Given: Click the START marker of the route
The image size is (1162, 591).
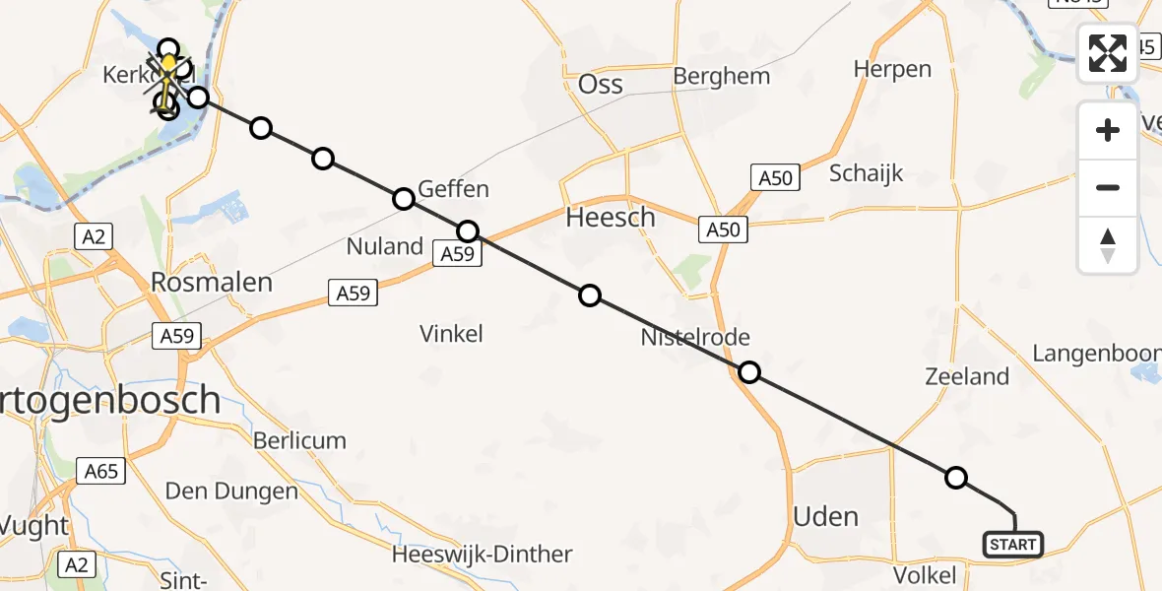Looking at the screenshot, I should tap(1012, 544).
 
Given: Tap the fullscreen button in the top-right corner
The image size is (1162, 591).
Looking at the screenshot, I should tap(1108, 53).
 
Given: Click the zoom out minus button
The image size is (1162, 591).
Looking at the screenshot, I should tap(1108, 187).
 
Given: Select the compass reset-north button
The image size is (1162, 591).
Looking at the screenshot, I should tap(1108, 245).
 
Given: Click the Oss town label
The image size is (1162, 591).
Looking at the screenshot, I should tap(601, 84).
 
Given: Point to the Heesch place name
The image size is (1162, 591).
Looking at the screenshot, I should tap(611, 218).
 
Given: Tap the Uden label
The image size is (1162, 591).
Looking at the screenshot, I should tap(825, 516).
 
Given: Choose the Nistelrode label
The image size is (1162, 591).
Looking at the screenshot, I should tap(695, 338).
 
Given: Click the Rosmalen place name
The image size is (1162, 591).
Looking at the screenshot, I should tap(211, 284).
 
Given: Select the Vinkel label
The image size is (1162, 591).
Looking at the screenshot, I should tap(451, 334).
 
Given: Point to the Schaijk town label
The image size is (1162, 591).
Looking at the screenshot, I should tap(867, 174).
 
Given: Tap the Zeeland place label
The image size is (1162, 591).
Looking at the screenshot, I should tap(967, 376).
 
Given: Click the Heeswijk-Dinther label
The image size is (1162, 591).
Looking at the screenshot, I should tap(482, 555).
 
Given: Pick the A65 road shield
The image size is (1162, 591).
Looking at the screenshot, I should tap(100, 471).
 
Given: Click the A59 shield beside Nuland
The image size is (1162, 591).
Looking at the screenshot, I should tap(458, 255).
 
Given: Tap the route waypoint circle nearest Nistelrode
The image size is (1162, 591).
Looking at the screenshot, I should tap(749, 372).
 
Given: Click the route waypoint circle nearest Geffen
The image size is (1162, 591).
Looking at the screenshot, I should tap(404, 199).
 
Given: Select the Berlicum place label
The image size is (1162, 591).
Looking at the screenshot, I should tap(299, 440).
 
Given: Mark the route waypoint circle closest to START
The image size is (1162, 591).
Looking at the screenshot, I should tap(955, 478).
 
